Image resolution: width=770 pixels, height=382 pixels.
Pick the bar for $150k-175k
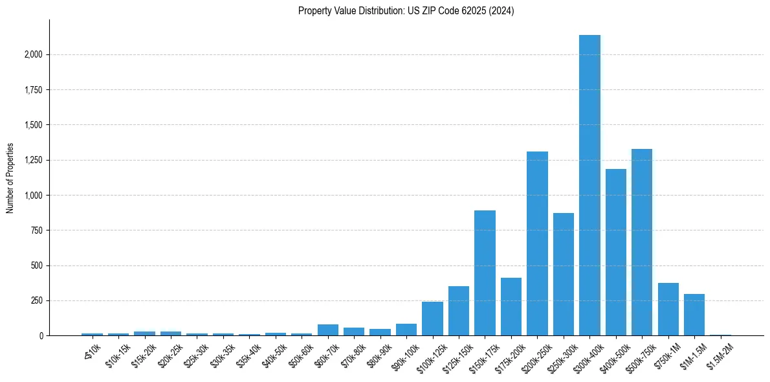coord(485,273)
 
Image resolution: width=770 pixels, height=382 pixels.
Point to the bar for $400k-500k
coord(616,253)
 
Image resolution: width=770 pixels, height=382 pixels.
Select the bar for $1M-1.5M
coord(694,315)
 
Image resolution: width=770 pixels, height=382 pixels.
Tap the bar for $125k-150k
coord(459,311)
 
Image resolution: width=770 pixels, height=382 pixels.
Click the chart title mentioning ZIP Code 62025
coord(406,11)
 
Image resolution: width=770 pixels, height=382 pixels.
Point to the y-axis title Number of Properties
coord(10,177)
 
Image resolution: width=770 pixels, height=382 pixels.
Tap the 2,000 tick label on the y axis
coord(33,54)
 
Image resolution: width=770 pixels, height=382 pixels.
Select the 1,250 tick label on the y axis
coord(33,160)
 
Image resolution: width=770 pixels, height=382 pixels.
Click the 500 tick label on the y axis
coord(37,265)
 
